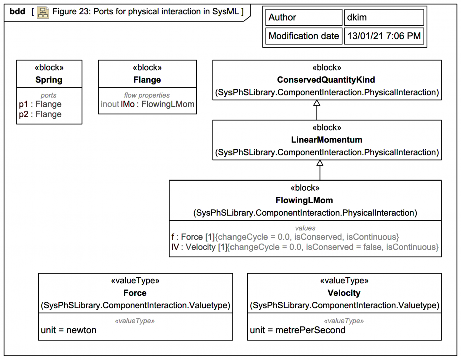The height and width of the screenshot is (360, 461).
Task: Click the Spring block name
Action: [x=49, y=80]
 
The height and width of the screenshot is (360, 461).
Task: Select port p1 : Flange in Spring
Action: [x=40, y=104]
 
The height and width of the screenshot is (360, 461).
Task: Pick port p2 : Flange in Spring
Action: [x=40, y=114]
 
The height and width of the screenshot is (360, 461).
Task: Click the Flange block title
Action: [x=147, y=80]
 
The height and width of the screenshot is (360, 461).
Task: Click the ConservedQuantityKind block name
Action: [x=326, y=80]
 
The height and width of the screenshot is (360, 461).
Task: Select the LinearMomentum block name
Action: [x=327, y=140]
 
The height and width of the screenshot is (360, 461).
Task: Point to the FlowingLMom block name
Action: [x=304, y=200]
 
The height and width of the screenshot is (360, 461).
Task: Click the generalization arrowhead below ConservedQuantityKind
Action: [x=317, y=103]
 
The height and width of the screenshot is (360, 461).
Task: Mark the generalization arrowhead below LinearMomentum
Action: [x=320, y=163]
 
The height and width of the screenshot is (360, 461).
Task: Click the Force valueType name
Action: [x=135, y=293]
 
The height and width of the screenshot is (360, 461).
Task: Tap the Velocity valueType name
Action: [x=344, y=293]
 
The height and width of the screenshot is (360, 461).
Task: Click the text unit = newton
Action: [x=69, y=330]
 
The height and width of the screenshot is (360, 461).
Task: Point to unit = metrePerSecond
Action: [x=298, y=330]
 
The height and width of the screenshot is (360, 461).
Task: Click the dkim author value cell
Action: [x=384, y=17]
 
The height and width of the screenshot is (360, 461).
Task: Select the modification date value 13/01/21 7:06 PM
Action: [x=384, y=36]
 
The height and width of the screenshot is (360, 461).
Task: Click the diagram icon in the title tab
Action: [x=43, y=12]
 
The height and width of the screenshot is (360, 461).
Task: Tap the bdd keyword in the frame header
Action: [x=17, y=12]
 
